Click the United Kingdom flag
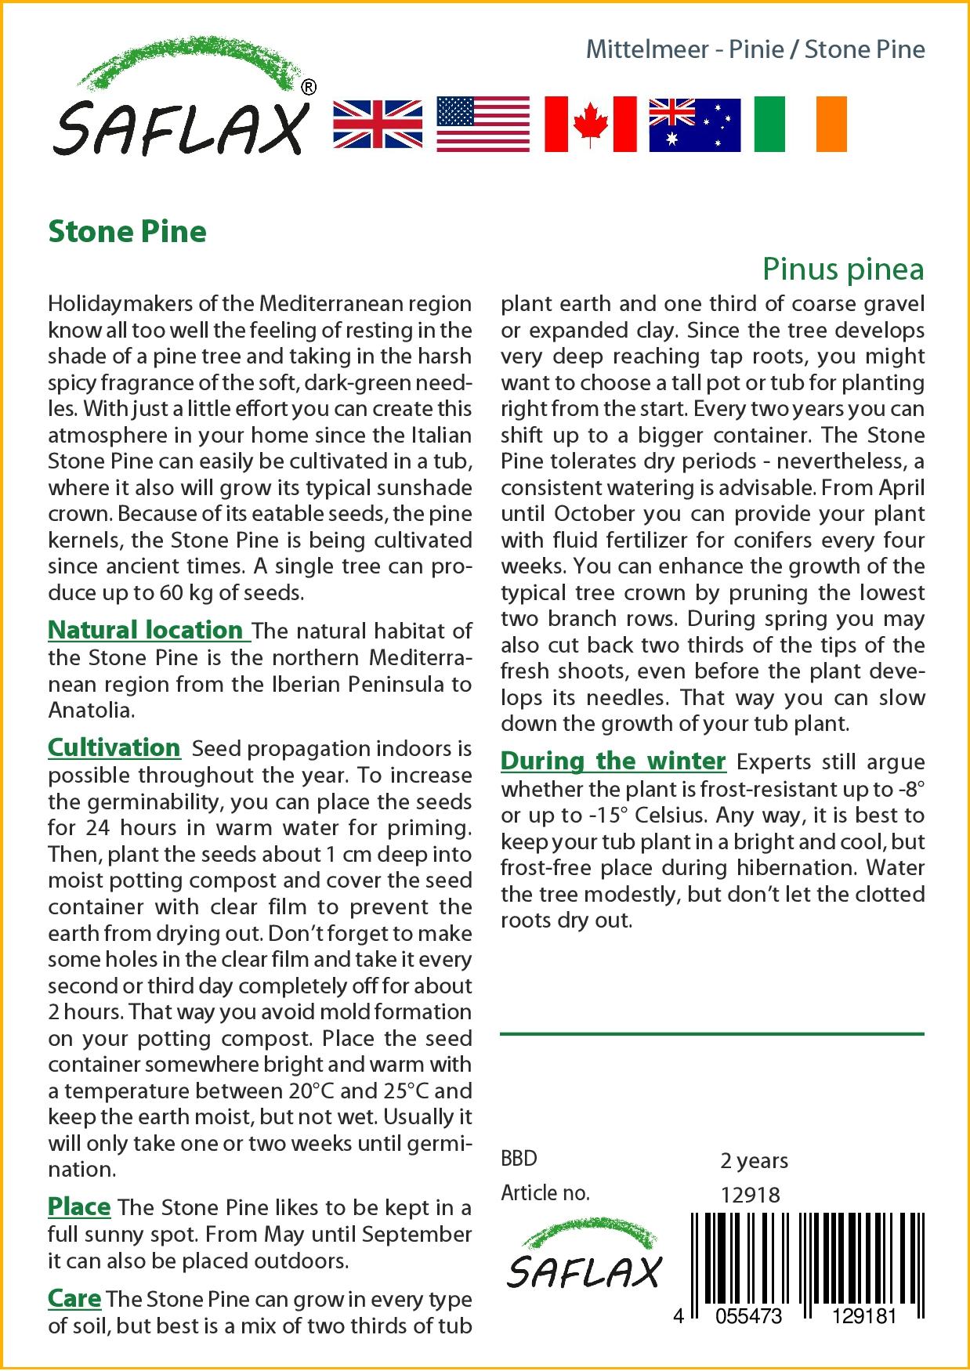378,124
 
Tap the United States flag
483,124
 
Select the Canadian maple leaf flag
590,124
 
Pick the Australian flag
694,124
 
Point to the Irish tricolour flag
800,124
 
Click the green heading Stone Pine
127,231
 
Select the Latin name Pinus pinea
843,269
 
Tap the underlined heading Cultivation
114,747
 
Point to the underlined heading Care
74,1298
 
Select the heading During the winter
613,761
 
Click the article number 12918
750,1195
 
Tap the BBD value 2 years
754,1160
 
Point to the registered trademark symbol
309,88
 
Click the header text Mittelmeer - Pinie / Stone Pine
755,49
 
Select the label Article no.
545,1193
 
